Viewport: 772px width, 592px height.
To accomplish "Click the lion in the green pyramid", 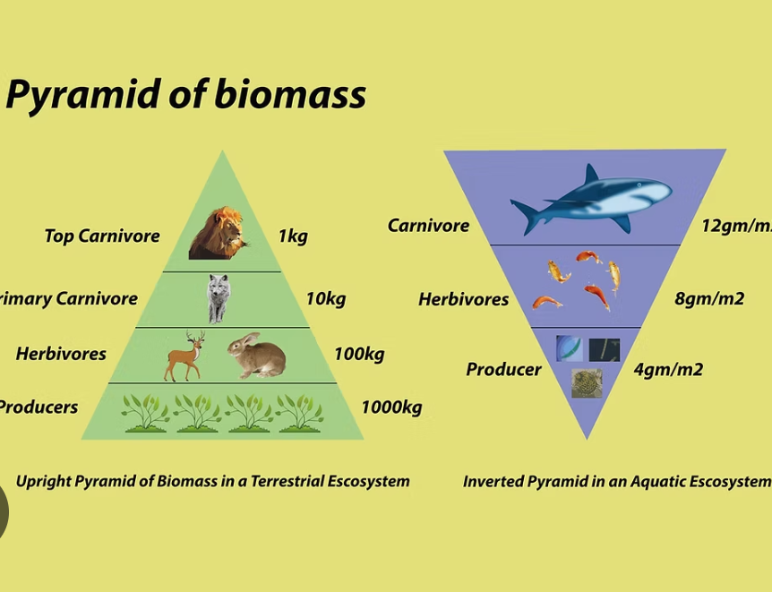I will tap(218, 233).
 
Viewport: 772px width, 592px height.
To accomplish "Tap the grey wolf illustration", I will tap(219, 298).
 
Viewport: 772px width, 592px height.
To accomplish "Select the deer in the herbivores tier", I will tap(184, 356).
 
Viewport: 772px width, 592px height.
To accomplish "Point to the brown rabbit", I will tap(257, 355).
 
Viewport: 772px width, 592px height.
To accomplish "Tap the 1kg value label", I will tap(293, 236).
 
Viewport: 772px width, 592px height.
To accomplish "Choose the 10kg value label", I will tap(326, 298).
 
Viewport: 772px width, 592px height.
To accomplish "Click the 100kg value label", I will tap(359, 354).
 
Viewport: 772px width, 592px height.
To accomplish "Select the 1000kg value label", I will tap(391, 408).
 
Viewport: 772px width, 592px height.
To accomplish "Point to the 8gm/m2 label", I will tap(709, 298).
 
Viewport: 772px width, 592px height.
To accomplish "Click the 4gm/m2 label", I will tap(668, 369).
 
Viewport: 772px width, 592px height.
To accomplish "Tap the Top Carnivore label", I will tap(102, 236).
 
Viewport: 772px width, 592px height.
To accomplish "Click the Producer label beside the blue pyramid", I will tap(503, 369).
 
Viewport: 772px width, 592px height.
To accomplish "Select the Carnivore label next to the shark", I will tap(428, 225).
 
